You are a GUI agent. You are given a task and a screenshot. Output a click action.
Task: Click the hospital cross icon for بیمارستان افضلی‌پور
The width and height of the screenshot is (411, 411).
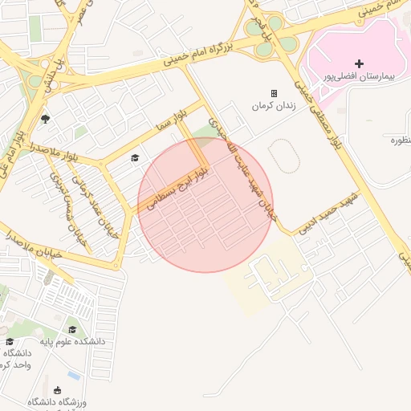click(x=359, y=63)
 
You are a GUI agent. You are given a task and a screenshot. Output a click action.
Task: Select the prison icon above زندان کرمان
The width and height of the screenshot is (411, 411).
click(x=274, y=93)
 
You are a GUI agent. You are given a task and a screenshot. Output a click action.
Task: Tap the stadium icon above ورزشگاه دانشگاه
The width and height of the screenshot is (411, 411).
click(x=56, y=390)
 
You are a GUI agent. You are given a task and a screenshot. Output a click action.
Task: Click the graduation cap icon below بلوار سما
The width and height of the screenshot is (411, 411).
click(x=135, y=157)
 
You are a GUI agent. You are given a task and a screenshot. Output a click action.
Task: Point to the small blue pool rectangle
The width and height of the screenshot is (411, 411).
click(x=74, y=375)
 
